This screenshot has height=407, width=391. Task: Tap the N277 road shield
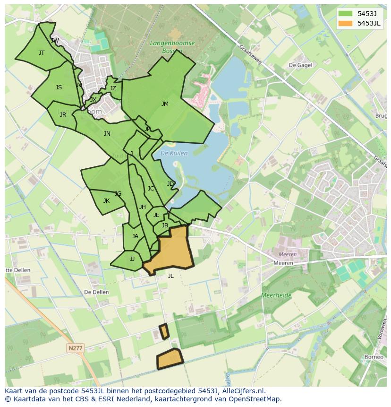[x=76, y=348]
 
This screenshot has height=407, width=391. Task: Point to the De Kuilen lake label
[x=174, y=153]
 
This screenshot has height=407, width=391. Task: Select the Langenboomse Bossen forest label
[x=166, y=46]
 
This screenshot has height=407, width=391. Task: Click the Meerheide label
[x=276, y=295]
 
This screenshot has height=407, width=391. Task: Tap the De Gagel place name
[x=300, y=65]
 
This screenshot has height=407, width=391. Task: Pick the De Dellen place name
[x=96, y=292]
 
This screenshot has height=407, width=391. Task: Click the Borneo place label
[x=374, y=357]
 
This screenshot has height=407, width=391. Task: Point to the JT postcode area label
[x=42, y=53]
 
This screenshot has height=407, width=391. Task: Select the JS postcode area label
[x=59, y=87]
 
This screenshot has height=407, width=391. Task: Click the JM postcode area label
[x=165, y=104]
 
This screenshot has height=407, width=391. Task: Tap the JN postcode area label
[x=107, y=134]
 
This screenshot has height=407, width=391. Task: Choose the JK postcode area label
[x=106, y=201]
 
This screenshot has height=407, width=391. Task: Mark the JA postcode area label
[x=135, y=236]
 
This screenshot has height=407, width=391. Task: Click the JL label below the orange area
[x=170, y=276]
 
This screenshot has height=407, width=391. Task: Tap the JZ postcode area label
[x=113, y=88]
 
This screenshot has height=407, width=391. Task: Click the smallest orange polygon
[x=164, y=331]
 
